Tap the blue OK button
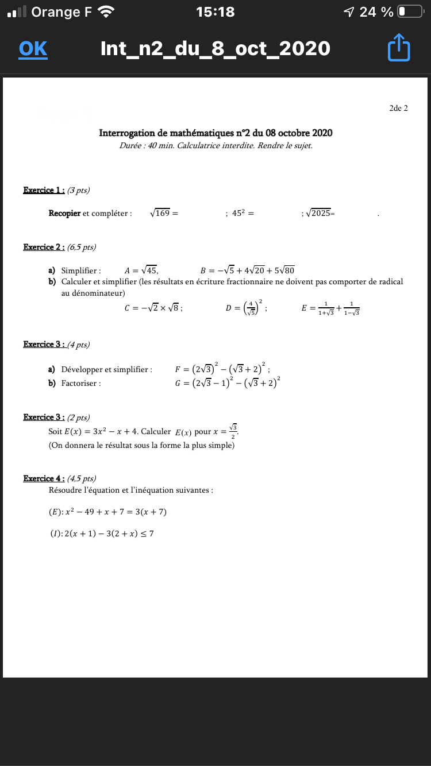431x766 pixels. tap(33, 49)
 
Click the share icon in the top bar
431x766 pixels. tap(399, 48)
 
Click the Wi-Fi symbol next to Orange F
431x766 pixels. tap(106, 11)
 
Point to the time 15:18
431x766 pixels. tap(215, 11)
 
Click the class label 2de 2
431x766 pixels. tap(398, 108)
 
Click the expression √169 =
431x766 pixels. tap(164, 213)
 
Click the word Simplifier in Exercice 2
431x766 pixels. tap(81, 270)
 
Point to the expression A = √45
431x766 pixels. tap(141, 270)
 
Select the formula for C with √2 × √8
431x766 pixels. tap(153, 308)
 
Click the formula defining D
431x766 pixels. tap(246, 308)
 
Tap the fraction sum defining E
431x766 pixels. tap(330, 308)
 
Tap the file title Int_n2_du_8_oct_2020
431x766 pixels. tap(215, 49)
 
